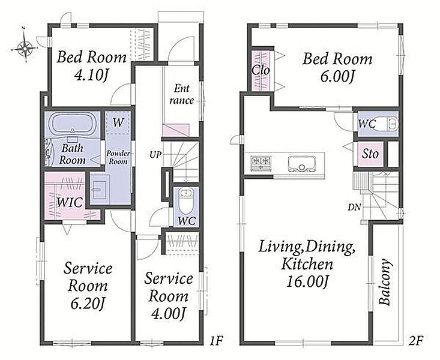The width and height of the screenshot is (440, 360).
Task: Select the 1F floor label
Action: pos(215,341)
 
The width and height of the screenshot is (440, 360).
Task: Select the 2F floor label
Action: pos(415,341)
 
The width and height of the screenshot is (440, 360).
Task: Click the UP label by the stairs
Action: pos(155,154)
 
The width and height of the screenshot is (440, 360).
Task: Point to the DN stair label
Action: pos(354,208)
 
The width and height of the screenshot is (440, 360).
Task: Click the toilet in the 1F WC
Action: pos(185,200)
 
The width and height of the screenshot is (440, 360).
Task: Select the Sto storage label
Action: pos(370,154)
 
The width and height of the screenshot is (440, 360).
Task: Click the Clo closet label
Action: pos(261,70)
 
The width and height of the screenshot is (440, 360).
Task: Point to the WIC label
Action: pos(70,202)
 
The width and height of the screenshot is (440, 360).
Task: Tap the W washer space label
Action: pos(118,122)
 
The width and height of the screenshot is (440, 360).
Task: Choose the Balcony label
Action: pos(385,282)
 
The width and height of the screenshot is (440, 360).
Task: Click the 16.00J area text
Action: pos(307,282)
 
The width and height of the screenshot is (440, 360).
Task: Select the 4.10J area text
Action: pos(91,75)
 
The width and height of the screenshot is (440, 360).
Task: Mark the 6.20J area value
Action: pos(88,304)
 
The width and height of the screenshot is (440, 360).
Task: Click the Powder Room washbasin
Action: pos(98,190)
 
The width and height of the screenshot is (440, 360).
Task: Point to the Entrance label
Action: pos(181,95)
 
